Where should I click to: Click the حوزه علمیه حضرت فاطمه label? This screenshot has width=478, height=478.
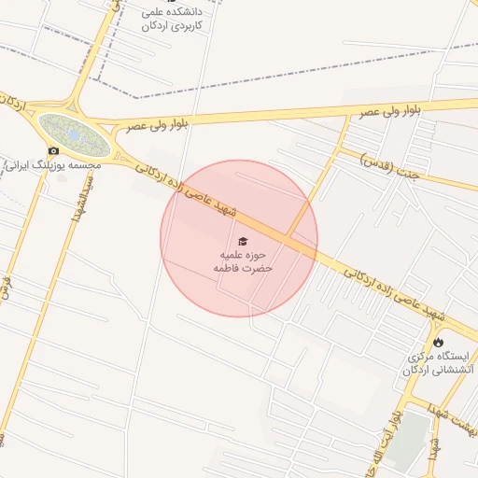click(243, 260)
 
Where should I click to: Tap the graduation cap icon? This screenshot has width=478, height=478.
click(243, 241)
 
